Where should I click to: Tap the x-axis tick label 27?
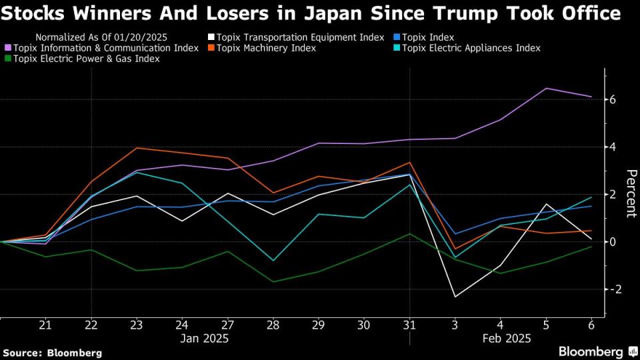pyautogui.click(x=227, y=325)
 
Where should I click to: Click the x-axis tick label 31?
pyautogui.click(x=409, y=325)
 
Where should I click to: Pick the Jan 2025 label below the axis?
pyautogui.click(x=205, y=339)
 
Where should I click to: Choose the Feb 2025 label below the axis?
pyautogui.click(x=507, y=339)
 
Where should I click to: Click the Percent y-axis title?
pyautogui.click(x=630, y=194)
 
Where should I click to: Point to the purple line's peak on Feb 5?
pyautogui.click(x=547, y=88)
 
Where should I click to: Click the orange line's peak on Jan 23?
pyautogui.click(x=137, y=148)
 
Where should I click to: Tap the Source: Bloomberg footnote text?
pyautogui.click(x=53, y=352)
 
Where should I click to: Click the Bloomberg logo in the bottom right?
pyautogui.click(x=596, y=351)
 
